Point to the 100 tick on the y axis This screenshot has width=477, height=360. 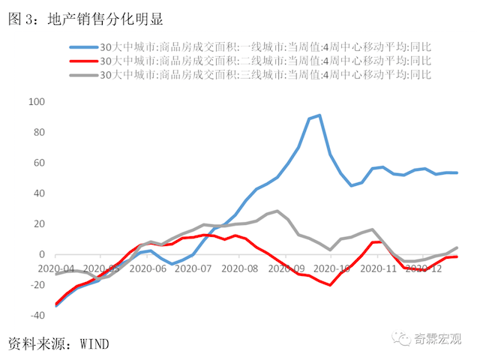tap(36, 102)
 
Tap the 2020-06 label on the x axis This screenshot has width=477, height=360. tap(150, 268)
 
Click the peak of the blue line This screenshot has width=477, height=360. tap(319, 115)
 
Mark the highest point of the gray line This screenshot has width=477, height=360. tap(277, 211)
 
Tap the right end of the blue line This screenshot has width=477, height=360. tap(457, 172)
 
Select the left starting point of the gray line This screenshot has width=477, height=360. tap(56, 274)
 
